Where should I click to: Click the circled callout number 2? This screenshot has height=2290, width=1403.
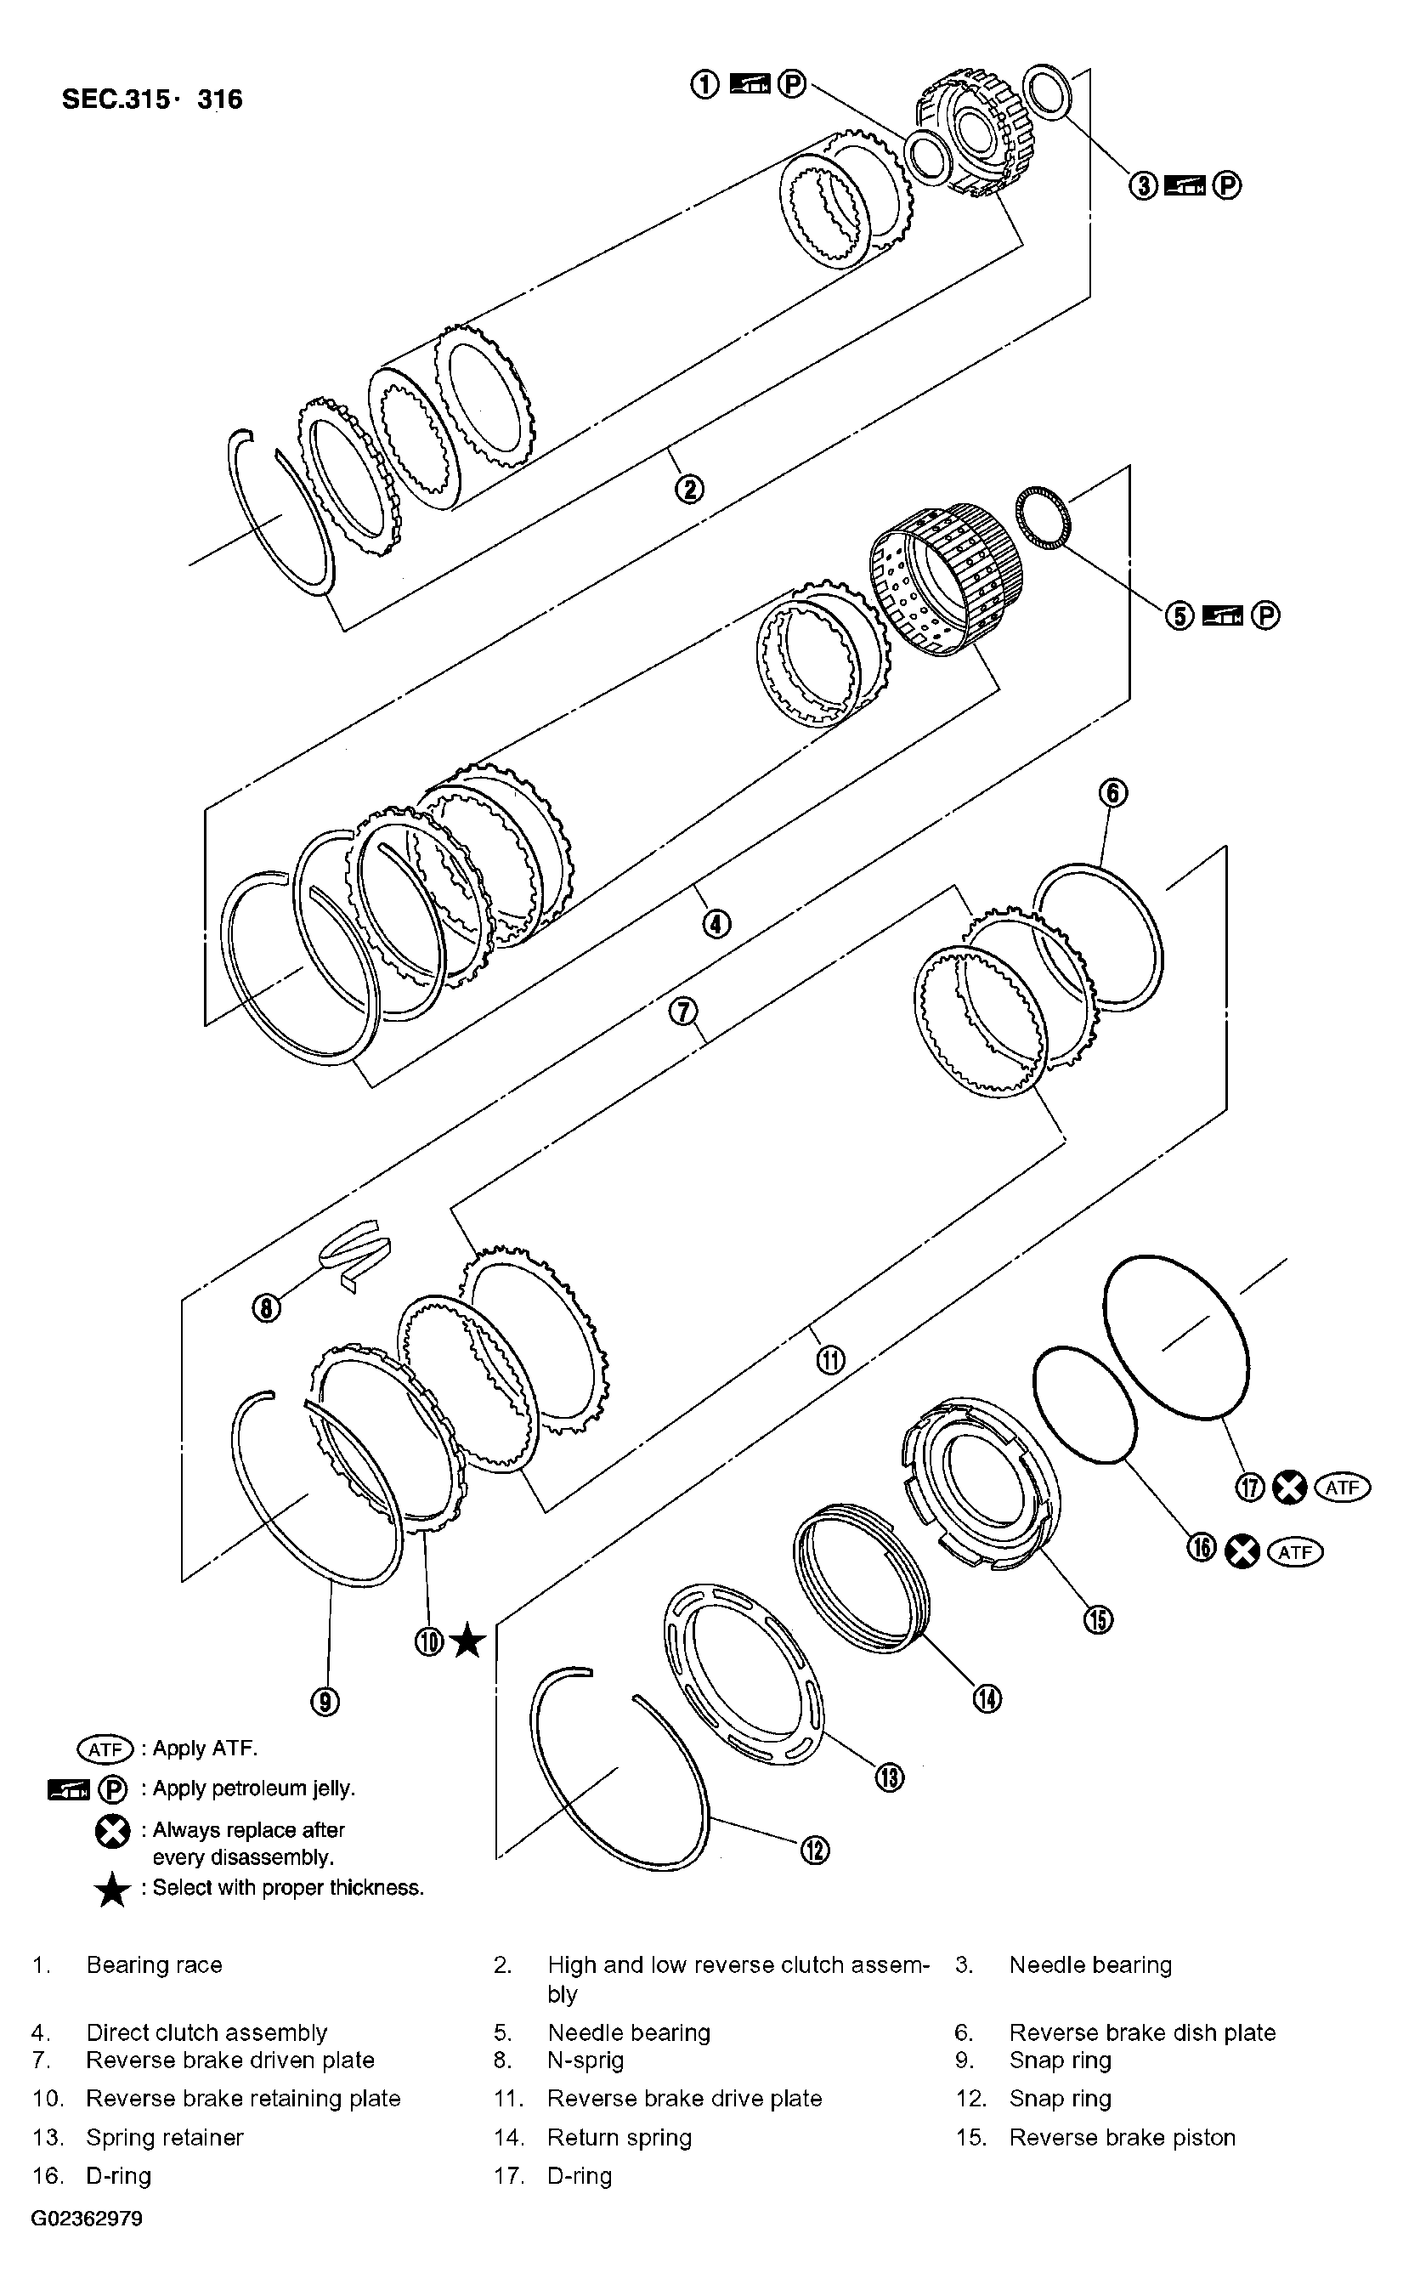[688, 489]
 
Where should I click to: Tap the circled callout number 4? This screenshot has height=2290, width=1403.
[716, 924]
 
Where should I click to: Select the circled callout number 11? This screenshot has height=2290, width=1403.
[829, 1361]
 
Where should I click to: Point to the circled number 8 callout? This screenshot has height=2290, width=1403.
[266, 1308]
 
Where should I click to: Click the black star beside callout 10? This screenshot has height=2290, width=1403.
[467, 1642]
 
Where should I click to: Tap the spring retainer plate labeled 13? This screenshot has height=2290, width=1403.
[744, 1673]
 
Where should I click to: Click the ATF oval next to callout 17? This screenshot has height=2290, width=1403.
[1342, 1488]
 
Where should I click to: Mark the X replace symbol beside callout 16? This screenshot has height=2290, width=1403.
[1242, 1551]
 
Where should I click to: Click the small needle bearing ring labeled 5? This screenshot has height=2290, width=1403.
[1044, 517]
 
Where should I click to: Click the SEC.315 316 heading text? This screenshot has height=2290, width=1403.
[151, 99]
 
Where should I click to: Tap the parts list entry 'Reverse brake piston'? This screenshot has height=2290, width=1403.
[1122, 2138]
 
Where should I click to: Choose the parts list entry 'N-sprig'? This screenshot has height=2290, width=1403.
[586, 2060]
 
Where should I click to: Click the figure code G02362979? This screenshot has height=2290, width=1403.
[87, 2219]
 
